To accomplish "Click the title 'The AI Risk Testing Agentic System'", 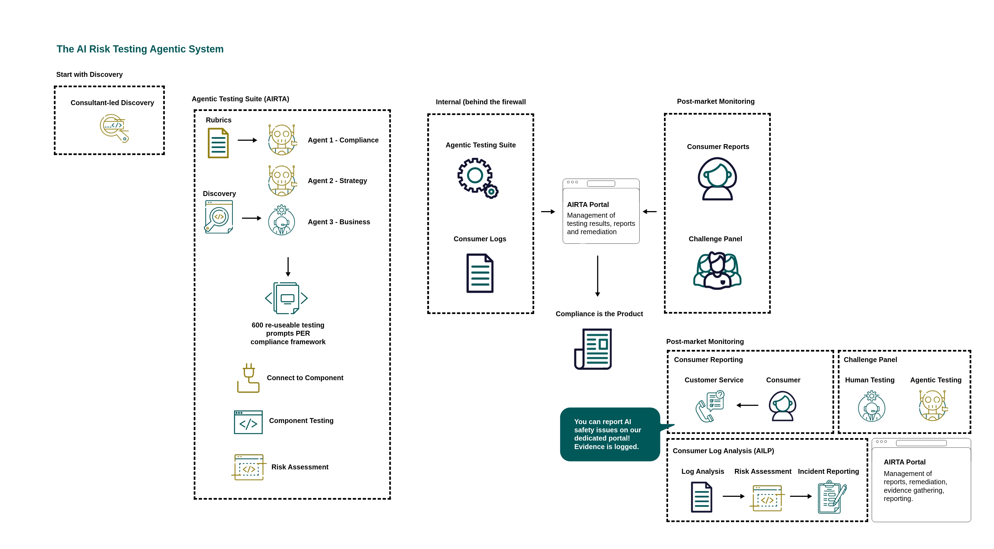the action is point(140,49).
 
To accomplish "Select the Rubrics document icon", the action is point(218,143).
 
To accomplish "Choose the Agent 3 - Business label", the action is point(339,222).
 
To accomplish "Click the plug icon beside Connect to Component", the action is point(248,378).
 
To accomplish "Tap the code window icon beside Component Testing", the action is point(248,422).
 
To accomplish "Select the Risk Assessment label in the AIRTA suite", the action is point(300,467).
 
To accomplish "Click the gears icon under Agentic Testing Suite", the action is point(478,178).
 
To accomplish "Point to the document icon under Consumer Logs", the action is point(480,273).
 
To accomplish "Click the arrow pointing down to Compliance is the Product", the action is point(598,276).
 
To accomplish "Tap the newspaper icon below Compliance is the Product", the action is point(593,349).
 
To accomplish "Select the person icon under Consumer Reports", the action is point(717,179).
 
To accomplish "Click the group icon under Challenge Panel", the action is point(717,270).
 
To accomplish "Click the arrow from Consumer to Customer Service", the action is point(747,405).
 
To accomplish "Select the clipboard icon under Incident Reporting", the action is point(832,497).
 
